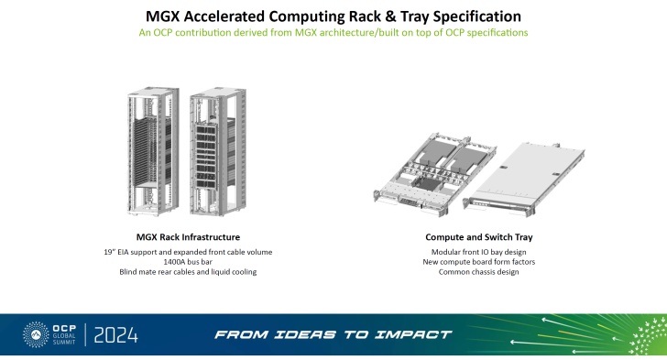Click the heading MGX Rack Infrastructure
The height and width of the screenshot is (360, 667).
[181, 237]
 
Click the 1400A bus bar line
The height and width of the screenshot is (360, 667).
[181, 261]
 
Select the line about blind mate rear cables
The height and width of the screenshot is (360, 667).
[181, 271]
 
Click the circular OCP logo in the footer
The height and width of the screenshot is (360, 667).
[37, 334]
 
